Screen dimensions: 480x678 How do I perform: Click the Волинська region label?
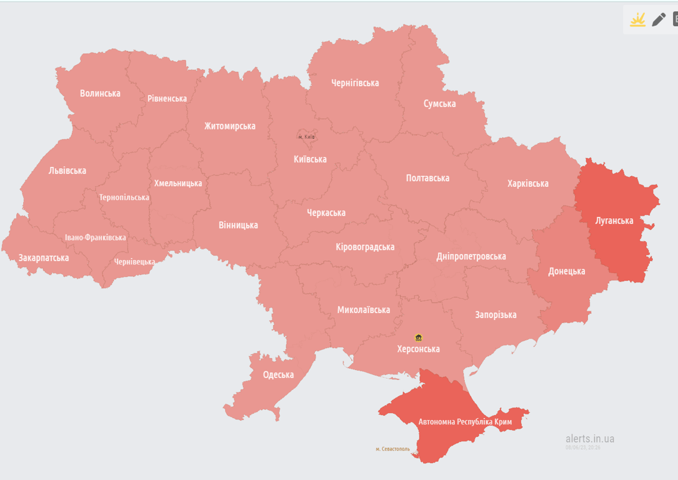point(100,94)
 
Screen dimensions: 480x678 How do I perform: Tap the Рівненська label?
point(167,99)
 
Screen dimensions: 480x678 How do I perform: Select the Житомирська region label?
point(229,126)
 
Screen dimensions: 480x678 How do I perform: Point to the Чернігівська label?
point(355,83)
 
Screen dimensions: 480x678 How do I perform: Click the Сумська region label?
point(439,104)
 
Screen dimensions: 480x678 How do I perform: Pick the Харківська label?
point(527,184)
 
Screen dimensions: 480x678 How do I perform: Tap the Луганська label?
point(614,221)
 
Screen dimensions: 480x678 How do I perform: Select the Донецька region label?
point(566,271)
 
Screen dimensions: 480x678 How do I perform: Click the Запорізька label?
point(496,315)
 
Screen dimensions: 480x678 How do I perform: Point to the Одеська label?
point(278,375)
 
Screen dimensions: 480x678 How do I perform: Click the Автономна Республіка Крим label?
point(465,422)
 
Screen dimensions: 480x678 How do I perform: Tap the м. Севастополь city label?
point(392,449)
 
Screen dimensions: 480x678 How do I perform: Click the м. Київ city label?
point(306,136)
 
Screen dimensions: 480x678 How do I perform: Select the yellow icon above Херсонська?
point(418,337)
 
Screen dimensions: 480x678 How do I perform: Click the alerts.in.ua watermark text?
point(589,439)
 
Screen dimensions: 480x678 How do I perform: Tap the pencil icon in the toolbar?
point(658,19)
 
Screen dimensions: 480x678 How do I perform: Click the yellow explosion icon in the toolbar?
point(637,19)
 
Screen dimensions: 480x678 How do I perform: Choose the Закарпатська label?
point(44,257)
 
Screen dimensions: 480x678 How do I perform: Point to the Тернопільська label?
point(124,197)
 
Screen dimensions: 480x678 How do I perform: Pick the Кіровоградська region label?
point(365,247)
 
